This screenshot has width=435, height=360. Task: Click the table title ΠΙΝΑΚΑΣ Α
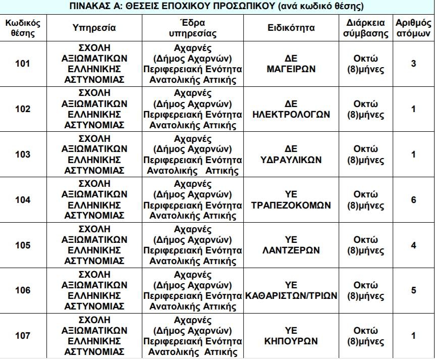[217, 7]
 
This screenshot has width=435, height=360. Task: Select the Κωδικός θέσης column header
[23, 28]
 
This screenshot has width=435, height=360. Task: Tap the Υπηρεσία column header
[94, 28]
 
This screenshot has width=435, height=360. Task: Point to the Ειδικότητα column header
[291, 28]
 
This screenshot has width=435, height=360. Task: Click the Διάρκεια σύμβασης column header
[366, 28]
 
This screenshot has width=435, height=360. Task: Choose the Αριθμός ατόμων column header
[413, 28]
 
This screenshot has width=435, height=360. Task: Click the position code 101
[23, 64]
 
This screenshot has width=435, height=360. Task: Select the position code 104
[23, 200]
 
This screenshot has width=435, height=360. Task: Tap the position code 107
[23, 336]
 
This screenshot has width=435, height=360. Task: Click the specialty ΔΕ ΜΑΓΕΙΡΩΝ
[291, 64]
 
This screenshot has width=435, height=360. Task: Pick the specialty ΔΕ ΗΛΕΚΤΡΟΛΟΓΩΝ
[291, 109]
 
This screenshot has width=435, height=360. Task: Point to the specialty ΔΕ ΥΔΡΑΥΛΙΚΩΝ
[291, 155]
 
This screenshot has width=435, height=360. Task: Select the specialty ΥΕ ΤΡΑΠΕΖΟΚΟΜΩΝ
[291, 200]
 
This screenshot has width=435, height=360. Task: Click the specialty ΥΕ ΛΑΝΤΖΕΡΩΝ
[291, 245]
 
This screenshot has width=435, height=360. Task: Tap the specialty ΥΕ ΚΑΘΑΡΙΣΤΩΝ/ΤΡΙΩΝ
[291, 290]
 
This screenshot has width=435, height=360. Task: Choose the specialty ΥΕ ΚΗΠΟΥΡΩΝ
[291, 336]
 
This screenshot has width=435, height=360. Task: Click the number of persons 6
[413, 200]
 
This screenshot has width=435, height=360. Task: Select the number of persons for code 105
[413, 245]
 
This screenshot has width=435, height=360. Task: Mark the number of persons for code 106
[413, 290]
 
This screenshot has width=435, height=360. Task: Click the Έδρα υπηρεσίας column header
[193, 28]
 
